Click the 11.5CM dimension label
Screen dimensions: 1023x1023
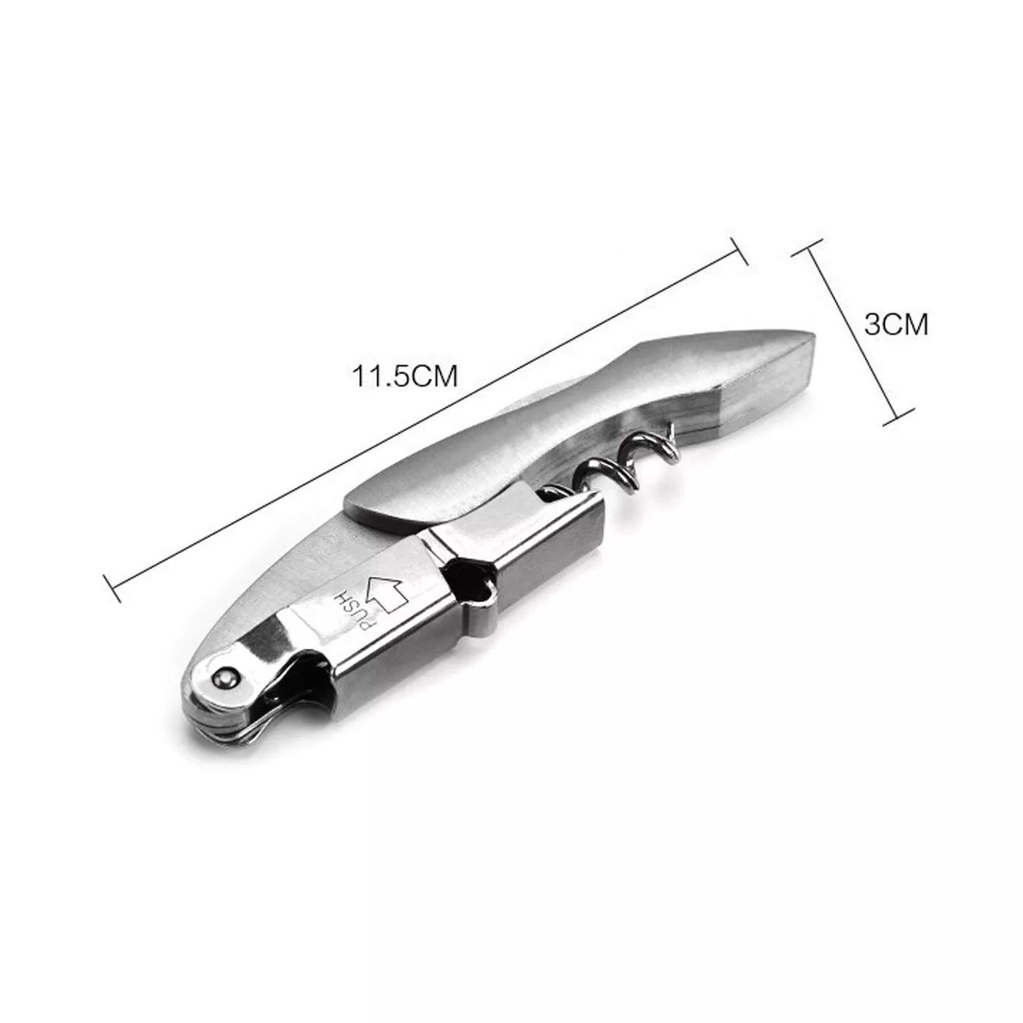click(405, 377)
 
